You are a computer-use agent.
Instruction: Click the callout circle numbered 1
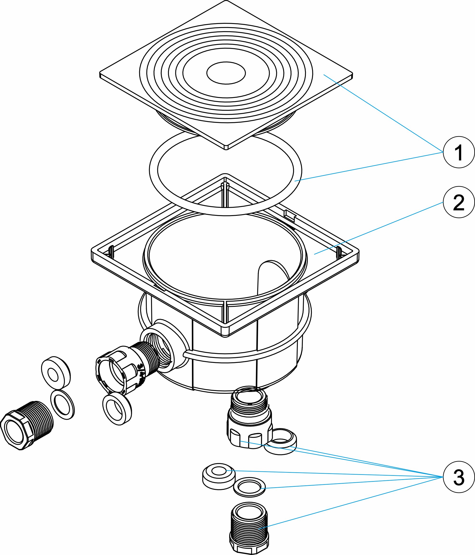pos(459,152)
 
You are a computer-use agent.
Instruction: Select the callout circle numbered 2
pos(459,202)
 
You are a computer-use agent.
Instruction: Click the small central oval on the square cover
pos(226,73)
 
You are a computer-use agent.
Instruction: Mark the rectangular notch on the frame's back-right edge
pos(289,215)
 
